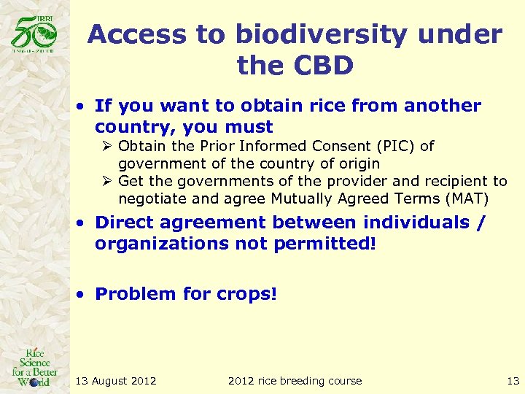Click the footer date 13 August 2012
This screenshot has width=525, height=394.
(x=116, y=380)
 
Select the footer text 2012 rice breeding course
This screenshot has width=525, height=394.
(x=295, y=380)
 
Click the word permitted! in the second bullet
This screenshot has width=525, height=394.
(x=325, y=243)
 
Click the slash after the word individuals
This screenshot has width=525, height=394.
(x=479, y=223)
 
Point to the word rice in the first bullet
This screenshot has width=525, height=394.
(x=325, y=106)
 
